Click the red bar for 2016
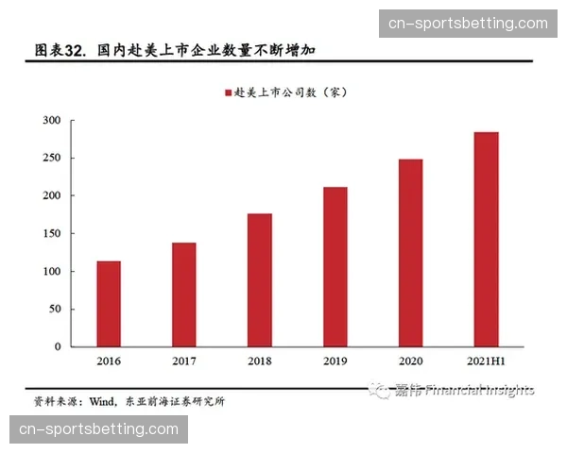(109, 304)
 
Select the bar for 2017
(184, 294)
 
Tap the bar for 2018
(260, 279)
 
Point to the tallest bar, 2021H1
(486, 239)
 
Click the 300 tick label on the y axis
(51, 121)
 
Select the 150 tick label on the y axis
(51, 233)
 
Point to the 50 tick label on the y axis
(54, 309)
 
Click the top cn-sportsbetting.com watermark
(468, 24)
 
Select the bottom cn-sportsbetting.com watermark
(98, 429)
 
